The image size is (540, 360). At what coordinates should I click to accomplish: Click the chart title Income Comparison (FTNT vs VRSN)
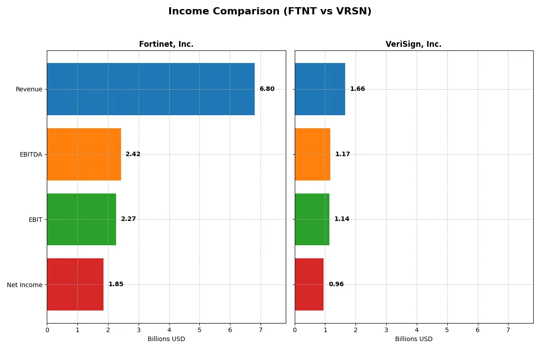coord(270,12)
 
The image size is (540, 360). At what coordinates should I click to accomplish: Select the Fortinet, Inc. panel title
coord(166,44)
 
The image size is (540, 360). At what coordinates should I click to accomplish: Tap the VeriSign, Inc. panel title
coord(414,44)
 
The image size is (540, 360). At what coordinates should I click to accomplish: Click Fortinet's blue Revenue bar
coord(151,89)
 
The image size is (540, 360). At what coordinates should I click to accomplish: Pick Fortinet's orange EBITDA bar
coord(84,154)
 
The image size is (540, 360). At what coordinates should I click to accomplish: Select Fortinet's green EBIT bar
coord(81,219)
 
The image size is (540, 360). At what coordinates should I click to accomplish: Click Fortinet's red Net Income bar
coord(75,284)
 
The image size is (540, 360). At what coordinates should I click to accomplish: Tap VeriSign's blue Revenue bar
coord(320,89)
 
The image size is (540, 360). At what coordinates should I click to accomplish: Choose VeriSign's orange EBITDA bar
coord(312,154)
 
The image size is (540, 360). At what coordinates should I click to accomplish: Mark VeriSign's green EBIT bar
coord(312,219)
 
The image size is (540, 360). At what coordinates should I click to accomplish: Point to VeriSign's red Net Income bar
coord(309,284)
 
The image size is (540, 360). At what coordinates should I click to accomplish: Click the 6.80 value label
coord(267,89)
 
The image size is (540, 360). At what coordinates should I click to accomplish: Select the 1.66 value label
coord(357,89)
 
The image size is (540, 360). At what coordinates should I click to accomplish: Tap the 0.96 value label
coord(336,284)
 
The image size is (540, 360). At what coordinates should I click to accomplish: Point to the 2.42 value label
coord(133,154)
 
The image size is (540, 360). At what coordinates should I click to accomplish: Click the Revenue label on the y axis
coord(29,89)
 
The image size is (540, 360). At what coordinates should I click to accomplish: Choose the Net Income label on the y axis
coord(25,285)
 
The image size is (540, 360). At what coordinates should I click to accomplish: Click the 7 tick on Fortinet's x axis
coord(261,330)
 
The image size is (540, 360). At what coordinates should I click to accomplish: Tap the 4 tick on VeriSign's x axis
coord(417,330)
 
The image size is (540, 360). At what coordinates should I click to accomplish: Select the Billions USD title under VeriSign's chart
coord(414,339)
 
